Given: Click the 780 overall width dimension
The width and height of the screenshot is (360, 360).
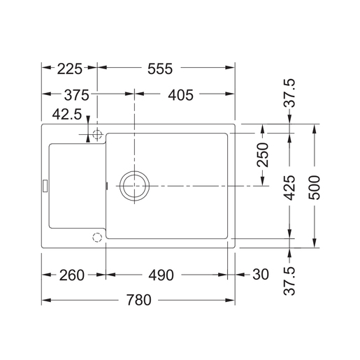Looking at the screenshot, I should [x=139, y=301].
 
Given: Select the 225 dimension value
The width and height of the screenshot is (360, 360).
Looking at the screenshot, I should [x=69, y=69].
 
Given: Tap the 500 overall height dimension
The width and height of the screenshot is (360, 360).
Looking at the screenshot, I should [x=316, y=186].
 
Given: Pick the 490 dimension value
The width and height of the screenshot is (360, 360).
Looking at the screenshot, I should [x=162, y=275].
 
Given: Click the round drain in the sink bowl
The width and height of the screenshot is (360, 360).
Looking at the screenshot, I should [x=133, y=185].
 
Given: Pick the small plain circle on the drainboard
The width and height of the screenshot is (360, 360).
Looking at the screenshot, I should [x=96, y=237].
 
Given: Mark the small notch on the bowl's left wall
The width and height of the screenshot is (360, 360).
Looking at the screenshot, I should [x=106, y=185].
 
